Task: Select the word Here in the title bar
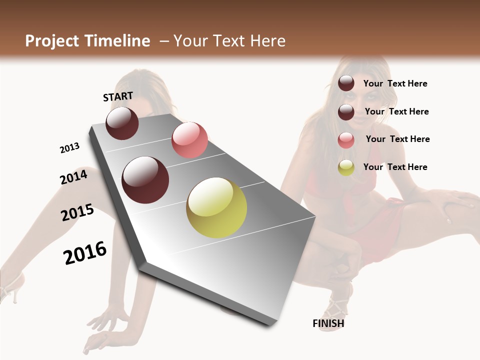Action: [267, 41]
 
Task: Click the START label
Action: [118, 96]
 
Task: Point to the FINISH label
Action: [328, 323]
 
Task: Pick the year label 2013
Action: [69, 148]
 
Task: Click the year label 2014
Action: [73, 177]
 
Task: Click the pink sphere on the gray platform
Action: [189, 140]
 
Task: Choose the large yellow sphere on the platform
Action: [216, 207]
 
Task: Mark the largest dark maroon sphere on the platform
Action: [145, 180]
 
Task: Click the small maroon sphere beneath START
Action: [122, 123]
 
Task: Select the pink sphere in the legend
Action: [346, 140]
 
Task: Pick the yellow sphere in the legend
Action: [346, 167]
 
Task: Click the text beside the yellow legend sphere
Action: [395, 167]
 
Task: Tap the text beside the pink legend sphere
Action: [397, 139]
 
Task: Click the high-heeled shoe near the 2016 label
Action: [11, 287]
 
